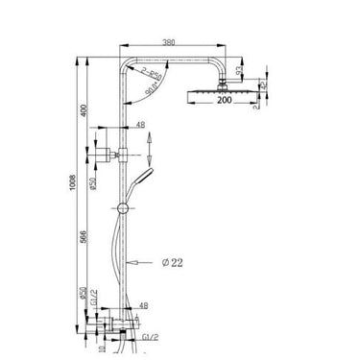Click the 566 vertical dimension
pos(86,244)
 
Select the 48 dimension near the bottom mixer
pos(141,307)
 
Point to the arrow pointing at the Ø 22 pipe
pos(142,260)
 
